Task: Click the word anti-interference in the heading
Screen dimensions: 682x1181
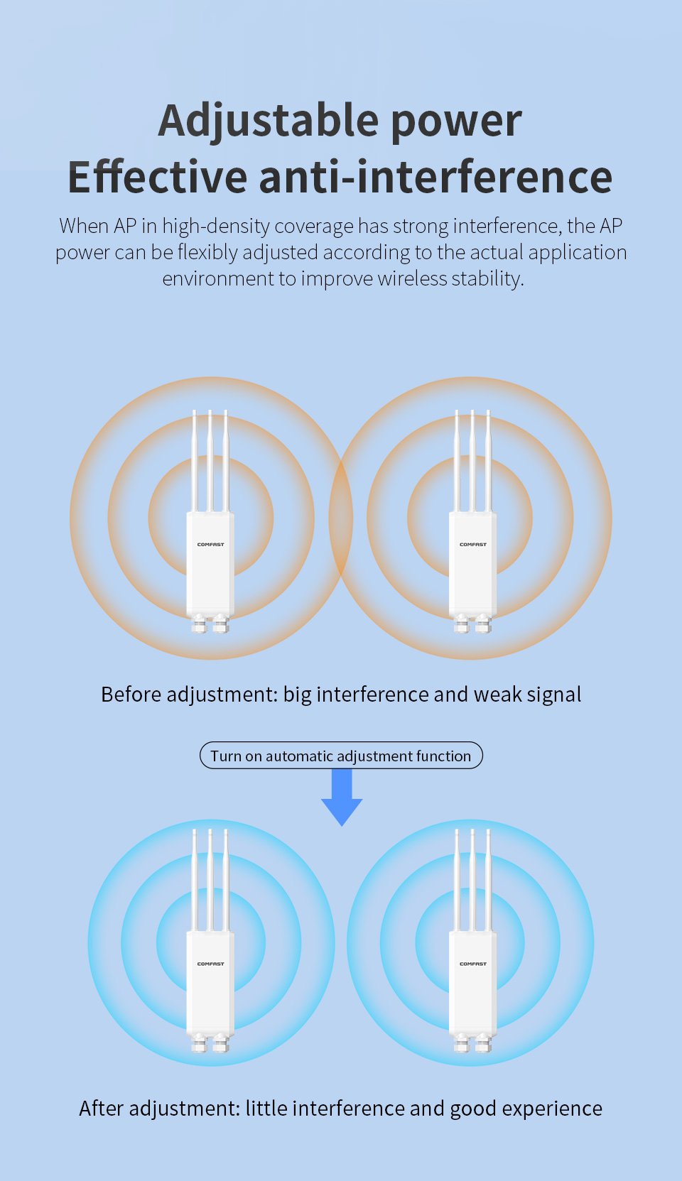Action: pyautogui.click(x=435, y=177)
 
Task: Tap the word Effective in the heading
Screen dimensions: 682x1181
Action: pyautogui.click(x=157, y=177)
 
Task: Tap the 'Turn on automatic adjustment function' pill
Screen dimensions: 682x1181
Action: pyautogui.click(x=341, y=756)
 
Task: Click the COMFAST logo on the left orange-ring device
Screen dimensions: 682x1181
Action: pyautogui.click(x=210, y=545)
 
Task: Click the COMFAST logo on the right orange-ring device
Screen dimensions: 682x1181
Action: pyautogui.click(x=473, y=545)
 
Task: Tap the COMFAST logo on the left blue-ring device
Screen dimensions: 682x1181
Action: pyautogui.click(x=210, y=964)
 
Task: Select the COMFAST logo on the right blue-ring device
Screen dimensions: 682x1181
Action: pyautogui.click(x=473, y=964)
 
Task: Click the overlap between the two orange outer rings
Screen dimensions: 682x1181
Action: pyautogui.click(x=341, y=518)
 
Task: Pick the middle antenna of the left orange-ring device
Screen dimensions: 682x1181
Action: pyautogui.click(x=210, y=461)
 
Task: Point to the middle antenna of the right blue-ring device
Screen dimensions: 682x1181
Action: pyautogui.click(x=472, y=880)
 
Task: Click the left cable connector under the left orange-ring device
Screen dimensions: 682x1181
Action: pyautogui.click(x=200, y=623)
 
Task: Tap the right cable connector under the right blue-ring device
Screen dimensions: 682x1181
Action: pyautogui.click(x=483, y=1042)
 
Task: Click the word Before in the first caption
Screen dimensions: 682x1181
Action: pyautogui.click(x=131, y=695)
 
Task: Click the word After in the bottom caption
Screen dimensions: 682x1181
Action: pyautogui.click(x=102, y=1109)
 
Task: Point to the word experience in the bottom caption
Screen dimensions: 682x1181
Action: pyautogui.click(x=552, y=1109)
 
